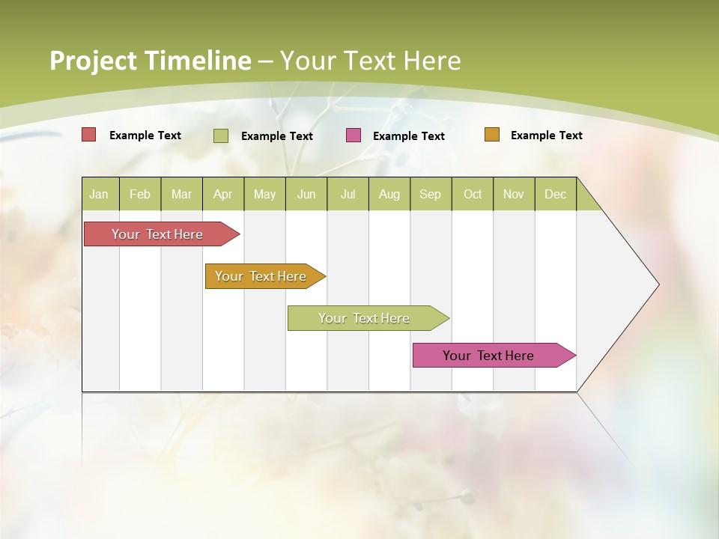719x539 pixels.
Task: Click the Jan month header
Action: click(x=99, y=194)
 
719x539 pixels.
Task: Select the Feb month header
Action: click(x=140, y=194)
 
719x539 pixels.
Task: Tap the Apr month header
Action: click(x=223, y=194)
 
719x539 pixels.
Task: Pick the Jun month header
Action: click(x=306, y=194)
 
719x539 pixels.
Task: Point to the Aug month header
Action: click(x=389, y=194)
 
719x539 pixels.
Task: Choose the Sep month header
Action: click(x=431, y=194)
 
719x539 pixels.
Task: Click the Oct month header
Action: click(x=473, y=194)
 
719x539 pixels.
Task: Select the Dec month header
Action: click(x=556, y=194)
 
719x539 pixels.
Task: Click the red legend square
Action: click(x=89, y=135)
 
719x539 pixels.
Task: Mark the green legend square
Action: click(x=221, y=135)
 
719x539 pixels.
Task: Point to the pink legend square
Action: click(x=354, y=135)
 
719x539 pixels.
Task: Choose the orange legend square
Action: click(x=492, y=135)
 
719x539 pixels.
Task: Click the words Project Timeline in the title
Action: click(x=151, y=61)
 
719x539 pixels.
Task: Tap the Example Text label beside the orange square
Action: click(x=546, y=135)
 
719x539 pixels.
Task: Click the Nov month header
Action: click(x=514, y=194)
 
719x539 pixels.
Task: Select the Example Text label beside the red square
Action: click(x=145, y=135)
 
